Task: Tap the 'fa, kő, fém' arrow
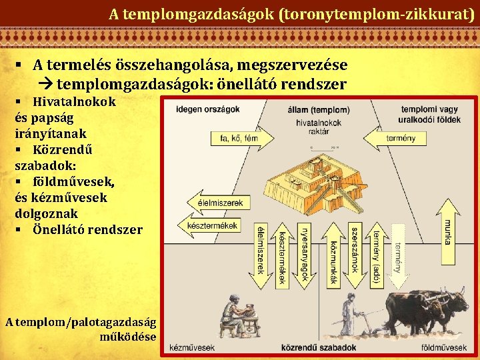pos(234,139)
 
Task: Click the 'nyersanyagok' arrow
pos(305,250)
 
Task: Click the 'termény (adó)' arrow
pos(377,253)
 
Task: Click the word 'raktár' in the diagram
pos(319,132)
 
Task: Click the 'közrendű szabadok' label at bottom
pos(319,347)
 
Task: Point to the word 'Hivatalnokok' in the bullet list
pos(74,102)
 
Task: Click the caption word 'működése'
pos(127,335)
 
